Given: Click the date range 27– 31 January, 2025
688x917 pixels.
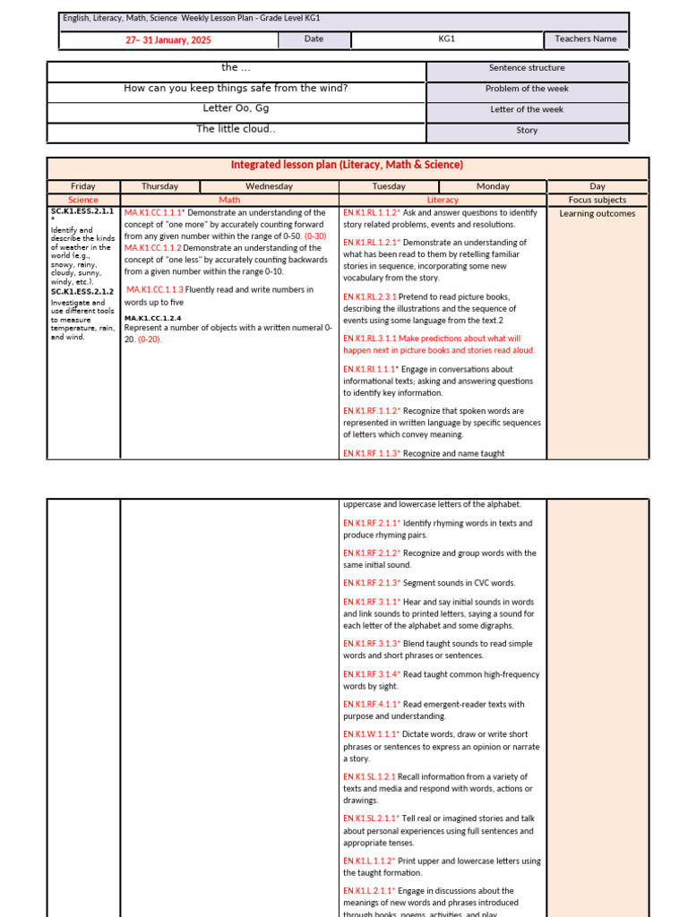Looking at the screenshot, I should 168,39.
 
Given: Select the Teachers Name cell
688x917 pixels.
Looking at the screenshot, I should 586,39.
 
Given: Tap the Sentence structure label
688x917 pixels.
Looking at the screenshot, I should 527,68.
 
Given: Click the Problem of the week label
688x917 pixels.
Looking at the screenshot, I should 527,89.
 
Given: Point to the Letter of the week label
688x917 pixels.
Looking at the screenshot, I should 527,109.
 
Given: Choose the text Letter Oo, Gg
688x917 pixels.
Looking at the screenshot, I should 236,108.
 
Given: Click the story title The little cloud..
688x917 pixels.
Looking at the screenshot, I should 236,129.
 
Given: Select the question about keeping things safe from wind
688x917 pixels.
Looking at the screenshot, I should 236,88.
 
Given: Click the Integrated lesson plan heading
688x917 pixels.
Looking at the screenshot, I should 347,165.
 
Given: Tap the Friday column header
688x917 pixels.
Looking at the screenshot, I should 83,186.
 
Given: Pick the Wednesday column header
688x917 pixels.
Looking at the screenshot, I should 269,186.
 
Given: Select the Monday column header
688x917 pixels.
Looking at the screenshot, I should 493,186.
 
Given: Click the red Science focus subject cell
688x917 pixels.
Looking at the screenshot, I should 83,200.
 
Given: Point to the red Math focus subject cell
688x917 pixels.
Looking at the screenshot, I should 229,200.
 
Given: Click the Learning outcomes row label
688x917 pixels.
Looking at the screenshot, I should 598,213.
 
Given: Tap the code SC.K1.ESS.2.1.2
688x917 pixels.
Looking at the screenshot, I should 82,291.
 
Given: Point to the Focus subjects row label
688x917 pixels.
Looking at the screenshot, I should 598,200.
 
